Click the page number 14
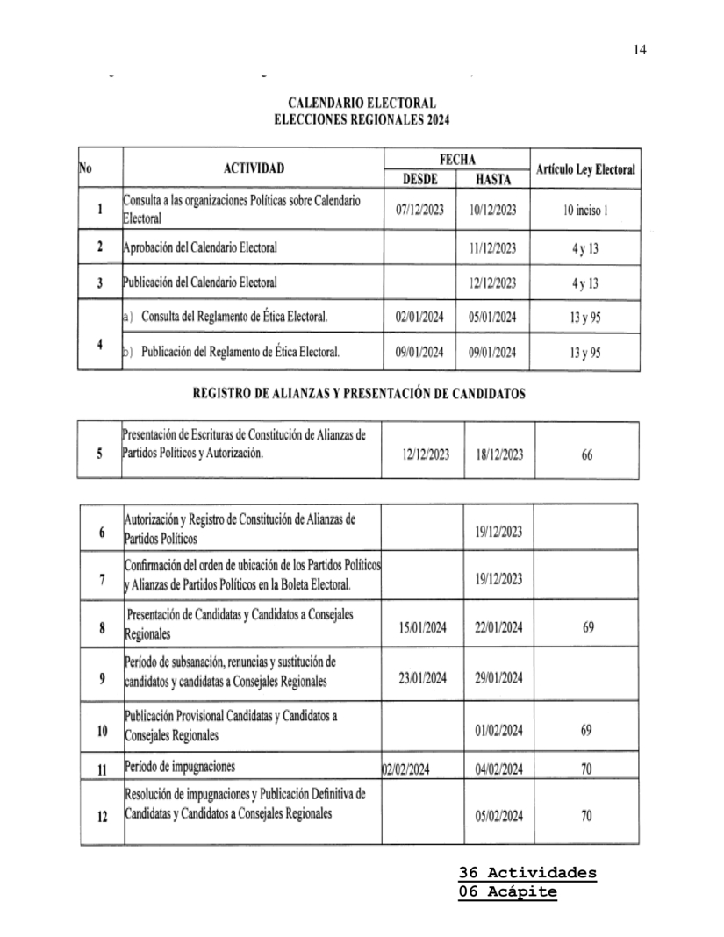pyautogui.click(x=640, y=50)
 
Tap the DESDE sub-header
pyautogui.click(x=419, y=179)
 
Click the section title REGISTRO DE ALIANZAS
pyautogui.click(x=359, y=394)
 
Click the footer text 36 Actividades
pyautogui.click(x=527, y=873)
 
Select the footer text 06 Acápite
pyautogui.click(x=507, y=892)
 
